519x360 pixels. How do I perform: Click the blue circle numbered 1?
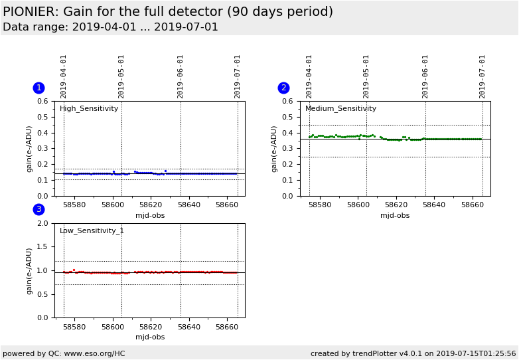(38, 88)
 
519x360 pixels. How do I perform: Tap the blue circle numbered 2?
(283, 88)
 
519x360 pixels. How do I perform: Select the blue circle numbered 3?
(38, 209)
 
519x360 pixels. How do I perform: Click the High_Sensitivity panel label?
(89, 109)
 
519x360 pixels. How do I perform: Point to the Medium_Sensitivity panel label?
(340, 109)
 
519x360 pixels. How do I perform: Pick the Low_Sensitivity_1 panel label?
(92, 231)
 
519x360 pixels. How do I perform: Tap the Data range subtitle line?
(110, 27)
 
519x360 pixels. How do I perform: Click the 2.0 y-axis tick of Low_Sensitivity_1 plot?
(42, 223)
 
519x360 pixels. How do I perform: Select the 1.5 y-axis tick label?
(42, 247)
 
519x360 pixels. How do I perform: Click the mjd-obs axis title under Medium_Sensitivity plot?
(395, 215)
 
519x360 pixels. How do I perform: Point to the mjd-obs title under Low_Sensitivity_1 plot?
(149, 337)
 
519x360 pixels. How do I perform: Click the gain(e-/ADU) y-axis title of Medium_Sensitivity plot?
(275, 149)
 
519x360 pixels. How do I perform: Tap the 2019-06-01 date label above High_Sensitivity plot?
(181, 76)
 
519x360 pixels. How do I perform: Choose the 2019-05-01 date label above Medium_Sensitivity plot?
(366, 76)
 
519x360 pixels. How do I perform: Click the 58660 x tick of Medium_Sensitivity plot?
(473, 205)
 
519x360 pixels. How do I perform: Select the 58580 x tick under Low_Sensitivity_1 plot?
(74, 327)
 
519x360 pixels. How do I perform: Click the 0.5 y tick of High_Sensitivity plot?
(42, 117)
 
